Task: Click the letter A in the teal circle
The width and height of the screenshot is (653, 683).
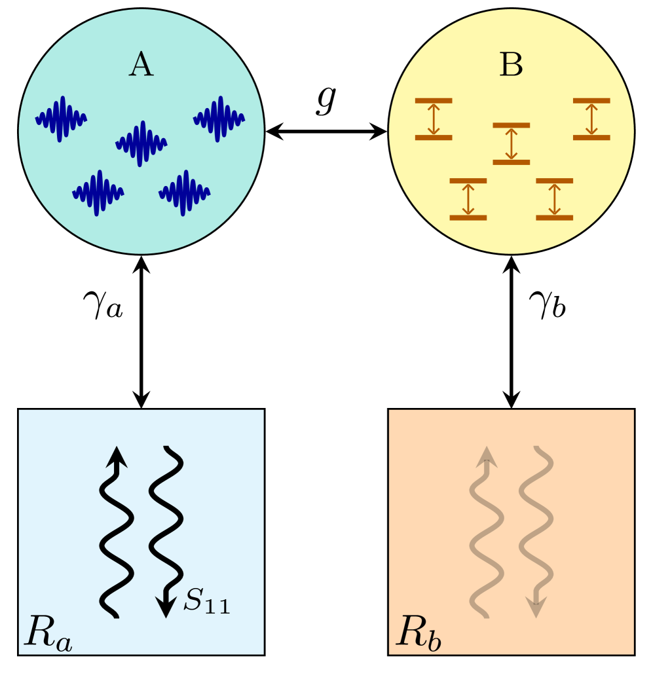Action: (141, 65)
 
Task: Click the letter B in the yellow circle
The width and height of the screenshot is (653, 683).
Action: (511, 65)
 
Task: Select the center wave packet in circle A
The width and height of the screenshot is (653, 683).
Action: (141, 143)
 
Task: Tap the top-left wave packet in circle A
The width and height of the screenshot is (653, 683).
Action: (61, 119)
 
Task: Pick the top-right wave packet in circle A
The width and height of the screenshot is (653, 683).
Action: (219, 119)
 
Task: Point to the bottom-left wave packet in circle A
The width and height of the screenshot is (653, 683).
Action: (98, 193)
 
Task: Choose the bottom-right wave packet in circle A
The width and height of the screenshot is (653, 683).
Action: (185, 193)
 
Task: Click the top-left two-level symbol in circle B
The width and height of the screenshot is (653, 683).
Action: (434, 119)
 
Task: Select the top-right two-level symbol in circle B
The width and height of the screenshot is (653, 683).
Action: (591, 119)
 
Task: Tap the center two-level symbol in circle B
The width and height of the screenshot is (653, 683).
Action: (512, 143)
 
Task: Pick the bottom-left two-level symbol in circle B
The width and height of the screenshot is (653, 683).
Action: (468, 198)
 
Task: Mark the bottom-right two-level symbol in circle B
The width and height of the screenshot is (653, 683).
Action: (554, 198)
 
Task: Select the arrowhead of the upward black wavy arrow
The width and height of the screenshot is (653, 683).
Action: (117, 456)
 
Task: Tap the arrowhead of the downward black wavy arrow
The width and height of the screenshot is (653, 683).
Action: (167, 606)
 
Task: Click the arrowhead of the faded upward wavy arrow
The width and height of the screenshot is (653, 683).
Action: (486, 456)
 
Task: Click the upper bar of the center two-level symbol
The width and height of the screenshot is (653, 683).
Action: (512, 125)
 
